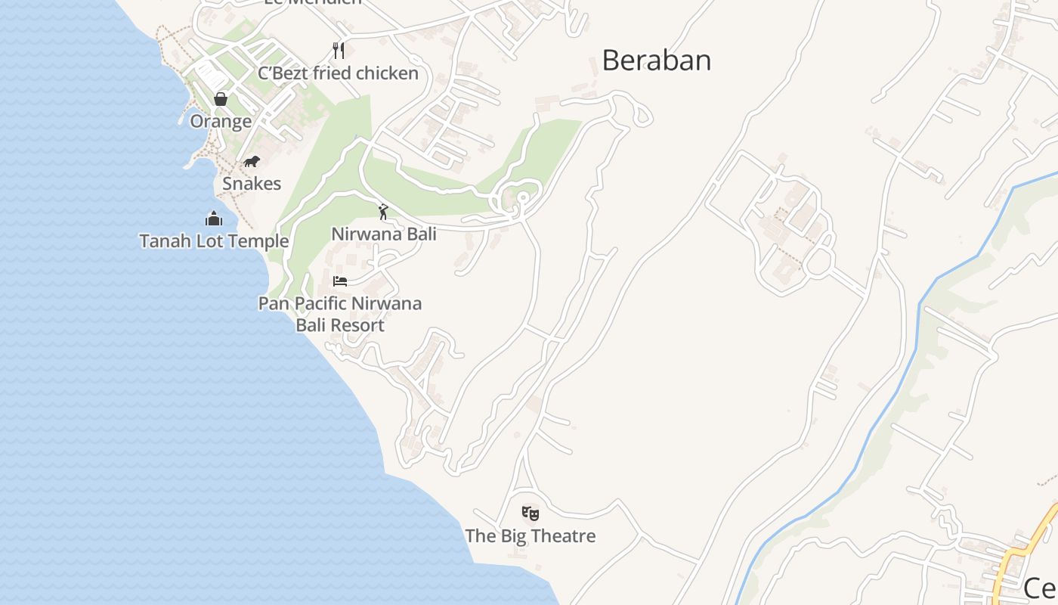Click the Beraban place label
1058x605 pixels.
pos(656,60)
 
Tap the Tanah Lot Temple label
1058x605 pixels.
pos(214,241)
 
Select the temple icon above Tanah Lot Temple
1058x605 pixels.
pos(214,219)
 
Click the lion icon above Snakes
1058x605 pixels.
pos(252,162)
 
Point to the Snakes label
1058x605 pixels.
pos(252,184)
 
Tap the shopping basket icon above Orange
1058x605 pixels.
pos(221,99)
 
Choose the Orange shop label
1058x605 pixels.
pos(221,122)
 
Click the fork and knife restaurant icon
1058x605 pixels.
pos(339,51)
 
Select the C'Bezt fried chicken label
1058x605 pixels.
pos(338,73)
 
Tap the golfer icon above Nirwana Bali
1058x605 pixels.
pos(383,212)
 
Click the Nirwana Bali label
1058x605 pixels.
pos(384,234)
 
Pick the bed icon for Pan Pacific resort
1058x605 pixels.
pos(340,281)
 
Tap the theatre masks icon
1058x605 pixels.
pos(531,514)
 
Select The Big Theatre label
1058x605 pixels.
pos(531,536)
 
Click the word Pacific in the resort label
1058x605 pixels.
pos(321,303)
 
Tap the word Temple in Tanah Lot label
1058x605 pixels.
pos(261,241)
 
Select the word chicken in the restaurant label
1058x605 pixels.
pos(387,73)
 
